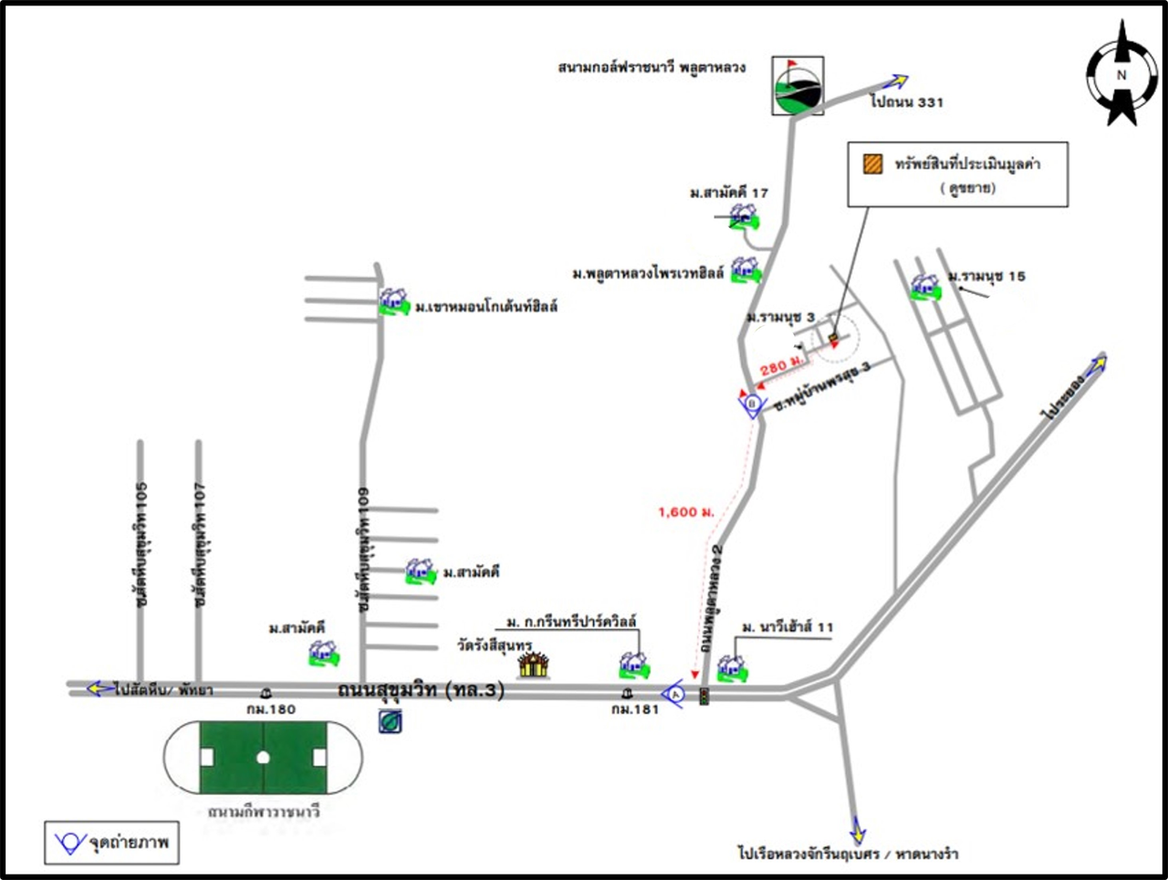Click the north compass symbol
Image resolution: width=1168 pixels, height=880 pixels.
(x=1121, y=75)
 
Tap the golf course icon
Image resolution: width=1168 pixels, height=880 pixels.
(x=797, y=86)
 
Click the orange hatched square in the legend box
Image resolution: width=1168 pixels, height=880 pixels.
(x=873, y=163)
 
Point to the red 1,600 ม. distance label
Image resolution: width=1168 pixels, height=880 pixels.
(x=685, y=512)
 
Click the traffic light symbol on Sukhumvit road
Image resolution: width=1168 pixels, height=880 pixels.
(x=704, y=696)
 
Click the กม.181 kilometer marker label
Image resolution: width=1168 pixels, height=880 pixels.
(x=635, y=709)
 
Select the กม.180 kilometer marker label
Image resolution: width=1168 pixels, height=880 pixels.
(x=271, y=709)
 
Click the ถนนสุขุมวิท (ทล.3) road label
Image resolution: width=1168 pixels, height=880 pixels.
(x=421, y=689)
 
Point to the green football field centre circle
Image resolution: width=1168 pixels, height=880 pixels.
(x=263, y=758)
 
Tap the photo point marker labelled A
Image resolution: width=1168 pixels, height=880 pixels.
(x=674, y=695)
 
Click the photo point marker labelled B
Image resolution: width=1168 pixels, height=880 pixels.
(x=752, y=403)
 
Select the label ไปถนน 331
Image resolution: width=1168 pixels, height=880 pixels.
(x=906, y=102)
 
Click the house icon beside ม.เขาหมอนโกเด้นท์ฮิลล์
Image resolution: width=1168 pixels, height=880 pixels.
(x=394, y=301)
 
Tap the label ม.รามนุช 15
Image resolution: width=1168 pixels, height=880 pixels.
(x=986, y=276)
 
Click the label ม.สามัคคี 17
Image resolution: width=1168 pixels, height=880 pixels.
(x=728, y=193)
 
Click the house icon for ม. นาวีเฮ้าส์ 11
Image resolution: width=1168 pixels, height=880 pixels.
(x=731, y=668)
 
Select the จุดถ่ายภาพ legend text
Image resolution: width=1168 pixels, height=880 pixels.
(x=129, y=842)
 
